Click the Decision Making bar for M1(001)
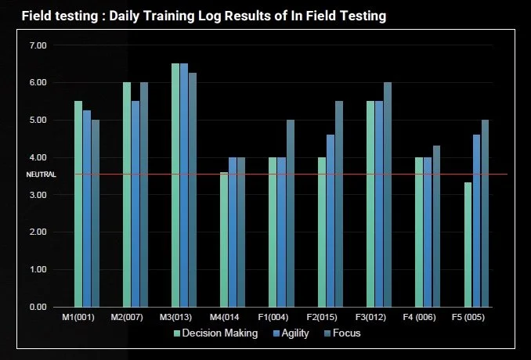(78, 204)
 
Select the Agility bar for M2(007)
(135, 204)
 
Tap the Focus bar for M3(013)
(193, 190)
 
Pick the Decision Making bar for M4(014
(224, 240)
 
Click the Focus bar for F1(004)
(291, 214)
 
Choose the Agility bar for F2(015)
(331, 221)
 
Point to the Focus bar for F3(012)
(388, 195)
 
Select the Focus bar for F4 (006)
(436, 226)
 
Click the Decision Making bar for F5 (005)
(468, 245)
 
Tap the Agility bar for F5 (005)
(476, 221)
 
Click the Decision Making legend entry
(215, 333)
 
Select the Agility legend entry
(291, 333)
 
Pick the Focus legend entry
(342, 333)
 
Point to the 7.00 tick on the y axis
(38, 45)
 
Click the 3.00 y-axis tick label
(38, 195)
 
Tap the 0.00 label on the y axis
(38, 308)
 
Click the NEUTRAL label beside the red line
(42, 175)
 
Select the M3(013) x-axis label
(175, 318)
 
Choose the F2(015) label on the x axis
(322, 318)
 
